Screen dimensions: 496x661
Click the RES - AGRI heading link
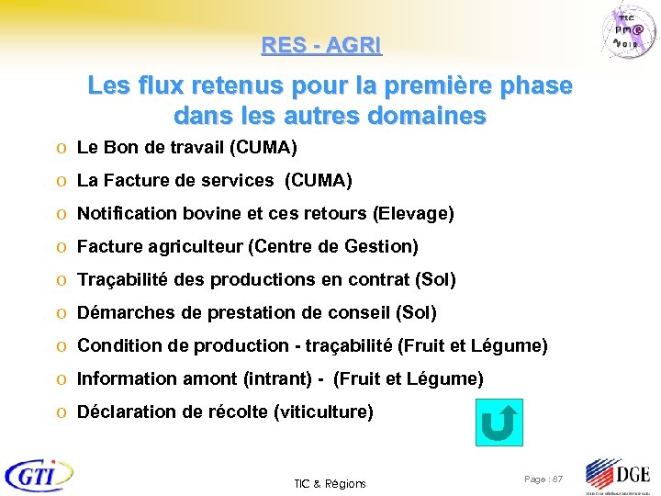coord(321,44)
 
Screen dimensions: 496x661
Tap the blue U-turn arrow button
coord(500,423)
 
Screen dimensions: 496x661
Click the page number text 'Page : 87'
coord(543,479)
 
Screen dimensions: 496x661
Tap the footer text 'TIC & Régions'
coord(330,483)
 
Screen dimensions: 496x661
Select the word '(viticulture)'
coord(324,411)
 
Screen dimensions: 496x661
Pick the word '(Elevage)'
coord(413,213)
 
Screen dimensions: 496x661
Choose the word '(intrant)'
coord(276,378)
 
